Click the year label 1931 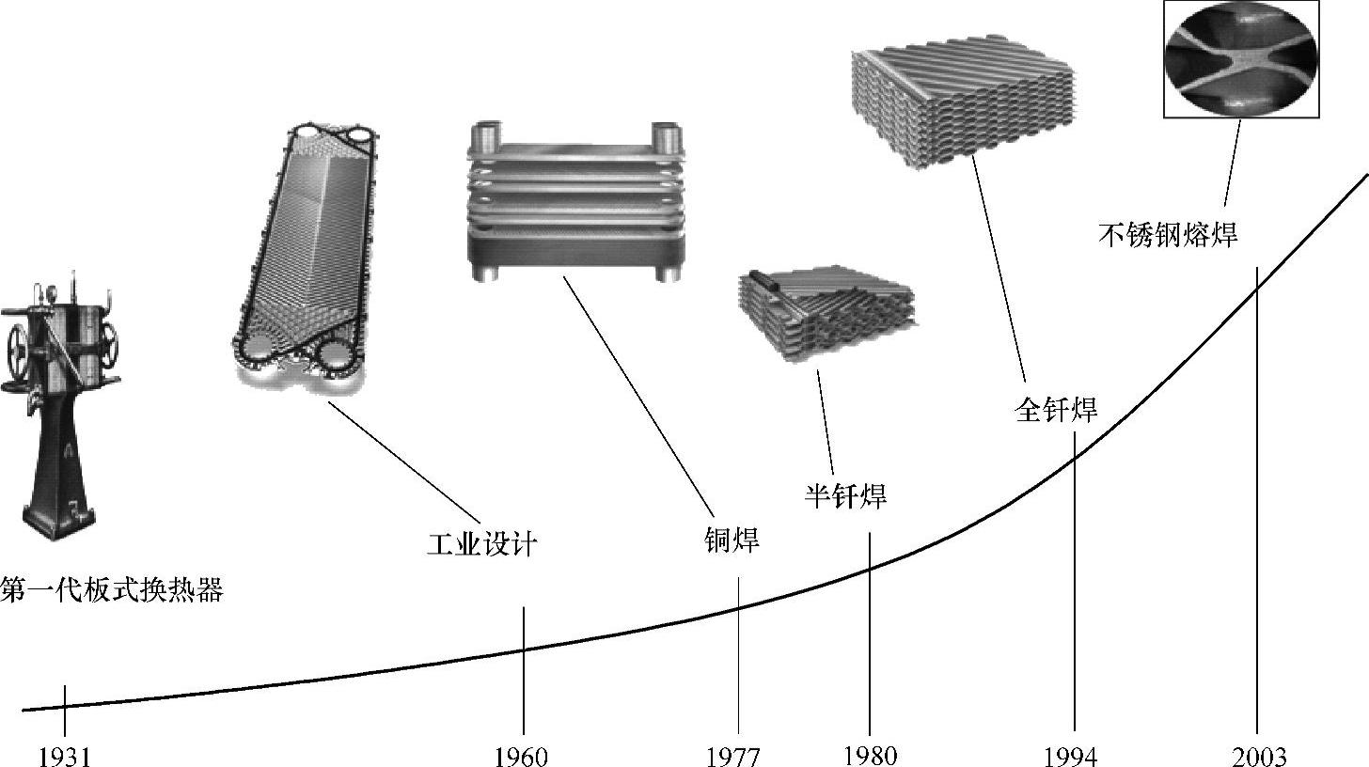[x=64, y=758]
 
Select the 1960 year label [x=521, y=758]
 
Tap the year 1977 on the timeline [x=732, y=758]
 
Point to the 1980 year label [x=871, y=756]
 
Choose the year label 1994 [x=1071, y=758]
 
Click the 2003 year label [x=1259, y=758]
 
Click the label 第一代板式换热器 [x=112, y=589]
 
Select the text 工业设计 [x=481, y=543]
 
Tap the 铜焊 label [x=732, y=540]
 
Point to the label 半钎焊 [x=845, y=495]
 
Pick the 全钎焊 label [x=1056, y=409]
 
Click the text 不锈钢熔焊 [x=1168, y=234]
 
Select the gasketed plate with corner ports [x=306, y=257]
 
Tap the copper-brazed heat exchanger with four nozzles [x=575, y=202]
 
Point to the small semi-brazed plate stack [x=827, y=313]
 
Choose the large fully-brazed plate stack [x=963, y=104]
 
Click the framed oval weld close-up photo [x=1241, y=58]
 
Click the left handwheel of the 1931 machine [x=19, y=353]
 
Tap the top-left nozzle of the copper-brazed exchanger [x=486, y=134]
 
